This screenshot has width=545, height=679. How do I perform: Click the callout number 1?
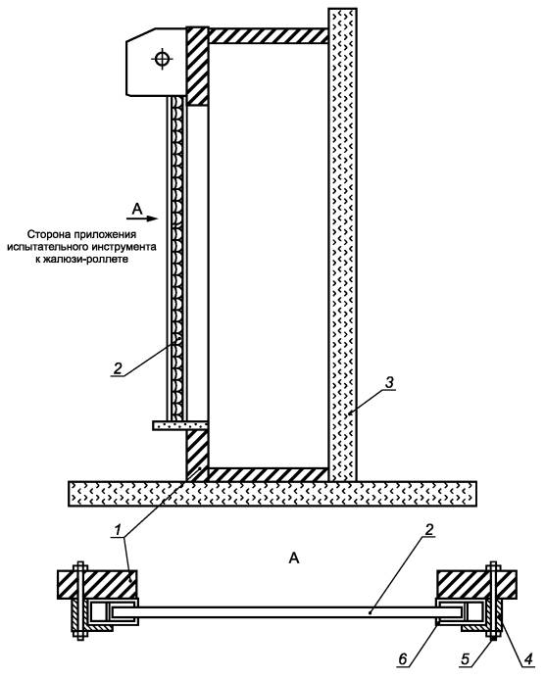pyautogui.click(x=117, y=530)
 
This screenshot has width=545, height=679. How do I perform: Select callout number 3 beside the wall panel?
pyautogui.click(x=389, y=382)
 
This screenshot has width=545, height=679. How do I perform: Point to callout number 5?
pyautogui.click(x=466, y=659)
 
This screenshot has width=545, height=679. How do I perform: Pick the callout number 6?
pyautogui.click(x=403, y=659)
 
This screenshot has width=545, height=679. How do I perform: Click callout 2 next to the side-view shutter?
pyautogui.click(x=118, y=368)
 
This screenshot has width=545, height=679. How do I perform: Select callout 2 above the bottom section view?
pyautogui.click(x=429, y=529)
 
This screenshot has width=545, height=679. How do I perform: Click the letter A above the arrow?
pyautogui.click(x=137, y=209)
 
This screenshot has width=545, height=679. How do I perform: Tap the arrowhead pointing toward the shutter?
pyautogui.click(x=153, y=218)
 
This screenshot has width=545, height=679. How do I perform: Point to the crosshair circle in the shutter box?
pyautogui.click(x=162, y=59)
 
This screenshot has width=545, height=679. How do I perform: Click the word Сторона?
pyautogui.click(x=46, y=234)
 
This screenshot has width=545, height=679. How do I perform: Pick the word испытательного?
pyautogui.click(x=48, y=247)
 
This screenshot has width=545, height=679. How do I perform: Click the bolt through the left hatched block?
pyautogui.click(x=79, y=601)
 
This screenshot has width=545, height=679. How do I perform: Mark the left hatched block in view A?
pyautogui.click(x=97, y=585)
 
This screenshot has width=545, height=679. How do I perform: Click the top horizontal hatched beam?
pyautogui.click(x=269, y=35)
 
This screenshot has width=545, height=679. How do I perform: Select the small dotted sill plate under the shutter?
pyautogui.click(x=180, y=425)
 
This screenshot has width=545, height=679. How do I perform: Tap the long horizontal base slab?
pyautogui.click(x=272, y=494)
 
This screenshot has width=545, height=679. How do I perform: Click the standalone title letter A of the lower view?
pyautogui.click(x=294, y=558)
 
